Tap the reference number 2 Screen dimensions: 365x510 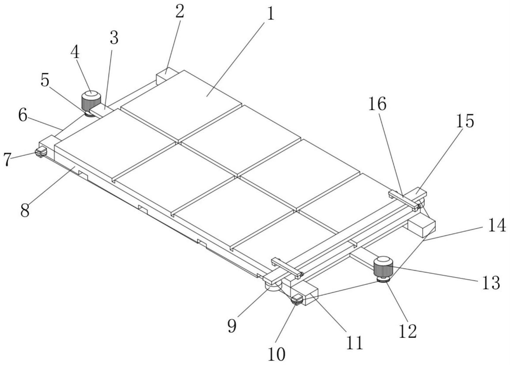pyautogui.click(x=179, y=11)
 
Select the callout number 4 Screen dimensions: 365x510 pyautogui.click(x=75, y=53)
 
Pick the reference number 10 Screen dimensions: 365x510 pyautogui.click(x=276, y=354)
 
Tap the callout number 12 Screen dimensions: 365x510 pyautogui.click(x=407, y=331)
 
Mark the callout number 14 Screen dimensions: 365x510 pyautogui.click(x=496, y=225)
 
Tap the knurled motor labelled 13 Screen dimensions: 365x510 pyautogui.click(x=383, y=266)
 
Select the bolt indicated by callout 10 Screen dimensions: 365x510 pyautogui.click(x=298, y=299)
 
